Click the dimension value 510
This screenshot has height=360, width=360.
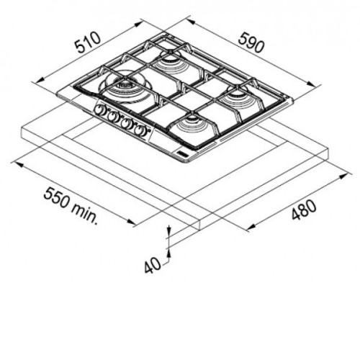[x=88, y=43]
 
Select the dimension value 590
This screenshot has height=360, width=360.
[x=251, y=43]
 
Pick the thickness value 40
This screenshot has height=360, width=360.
[x=153, y=265]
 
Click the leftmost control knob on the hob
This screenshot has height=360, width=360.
[x=99, y=109]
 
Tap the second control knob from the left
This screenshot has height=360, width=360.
[x=112, y=117]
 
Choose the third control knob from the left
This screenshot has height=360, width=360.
[x=125, y=124]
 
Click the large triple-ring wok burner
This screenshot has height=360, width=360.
[x=125, y=86]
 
